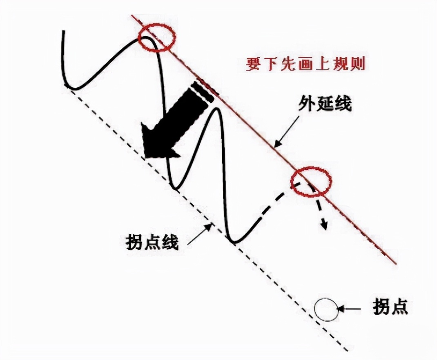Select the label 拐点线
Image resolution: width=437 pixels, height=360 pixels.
[152, 243]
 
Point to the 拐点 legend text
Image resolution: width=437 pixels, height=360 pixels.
[390, 307]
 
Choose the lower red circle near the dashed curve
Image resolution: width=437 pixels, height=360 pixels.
[312, 182]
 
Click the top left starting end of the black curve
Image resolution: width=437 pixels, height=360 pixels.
[63, 31]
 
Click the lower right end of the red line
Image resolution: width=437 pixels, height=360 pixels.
[395, 263]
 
